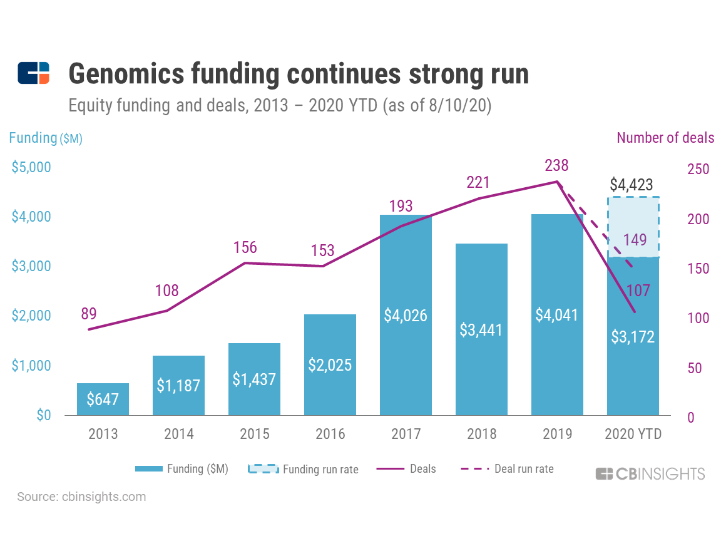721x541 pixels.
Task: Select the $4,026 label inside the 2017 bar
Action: tap(406, 315)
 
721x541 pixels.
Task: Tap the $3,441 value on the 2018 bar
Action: tap(481, 329)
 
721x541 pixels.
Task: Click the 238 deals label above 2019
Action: tap(556, 166)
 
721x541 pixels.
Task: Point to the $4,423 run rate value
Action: tap(632, 185)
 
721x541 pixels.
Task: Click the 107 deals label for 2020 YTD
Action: tap(638, 290)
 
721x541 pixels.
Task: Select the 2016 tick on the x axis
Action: tap(330, 434)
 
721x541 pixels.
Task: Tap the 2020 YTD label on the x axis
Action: tap(633, 434)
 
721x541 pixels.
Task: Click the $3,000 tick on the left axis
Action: tap(32, 266)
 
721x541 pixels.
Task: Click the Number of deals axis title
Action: tap(665, 138)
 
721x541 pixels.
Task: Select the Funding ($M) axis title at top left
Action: tap(46, 138)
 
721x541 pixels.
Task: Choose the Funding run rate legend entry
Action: tap(304, 469)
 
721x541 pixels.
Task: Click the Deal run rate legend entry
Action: tap(508, 468)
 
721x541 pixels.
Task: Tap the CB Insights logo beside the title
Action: tap(34, 73)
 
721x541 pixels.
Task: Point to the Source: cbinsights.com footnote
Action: tap(81, 497)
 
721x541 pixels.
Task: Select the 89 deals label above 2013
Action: tap(89, 314)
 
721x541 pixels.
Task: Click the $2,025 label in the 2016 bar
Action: tap(330, 365)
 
